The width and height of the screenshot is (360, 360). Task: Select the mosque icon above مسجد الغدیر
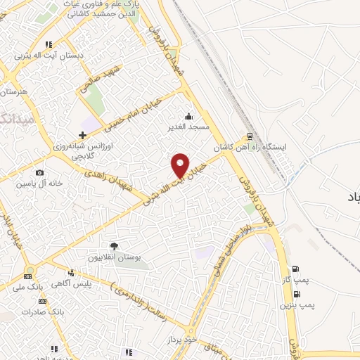tap(188, 117)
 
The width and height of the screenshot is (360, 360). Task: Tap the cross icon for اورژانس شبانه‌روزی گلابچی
tap(83, 134)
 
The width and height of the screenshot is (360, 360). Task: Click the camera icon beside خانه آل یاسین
tap(39, 173)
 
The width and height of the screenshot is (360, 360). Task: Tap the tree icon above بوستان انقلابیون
tap(114, 245)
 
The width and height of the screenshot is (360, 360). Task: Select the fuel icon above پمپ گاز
tap(295, 269)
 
